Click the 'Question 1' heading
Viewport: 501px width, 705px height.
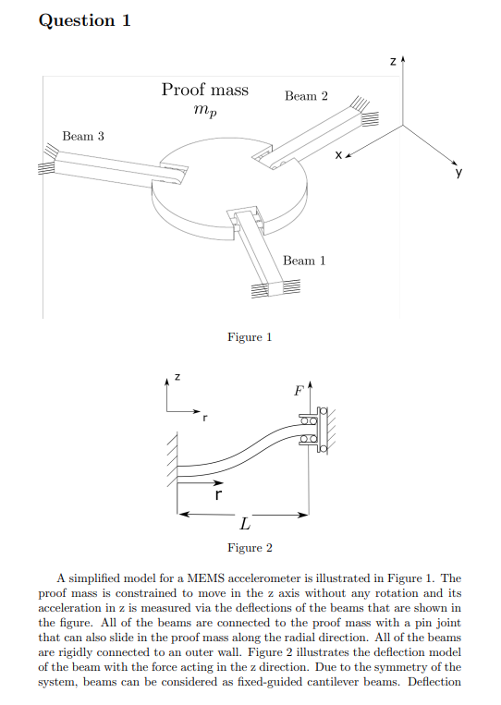[x=84, y=20]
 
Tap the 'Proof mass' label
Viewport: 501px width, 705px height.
[x=205, y=90]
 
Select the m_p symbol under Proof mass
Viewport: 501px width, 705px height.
[x=205, y=110]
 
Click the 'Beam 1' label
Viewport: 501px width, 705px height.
[x=304, y=261]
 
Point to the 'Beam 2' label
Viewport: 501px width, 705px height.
[x=306, y=96]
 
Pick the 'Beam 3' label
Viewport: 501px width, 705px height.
[x=83, y=136]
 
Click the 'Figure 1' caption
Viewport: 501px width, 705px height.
[x=250, y=337]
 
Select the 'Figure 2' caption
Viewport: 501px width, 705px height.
[x=250, y=548]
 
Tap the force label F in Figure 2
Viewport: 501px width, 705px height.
[x=299, y=391]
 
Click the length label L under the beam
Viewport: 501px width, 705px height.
[x=245, y=524]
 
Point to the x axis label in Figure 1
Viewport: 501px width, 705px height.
[x=338, y=155]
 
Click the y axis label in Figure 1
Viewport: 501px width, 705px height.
[x=458, y=172]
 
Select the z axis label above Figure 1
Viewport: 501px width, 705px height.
[x=393, y=62]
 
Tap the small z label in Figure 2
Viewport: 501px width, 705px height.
[x=177, y=377]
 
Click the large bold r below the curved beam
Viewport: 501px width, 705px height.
[x=217, y=495]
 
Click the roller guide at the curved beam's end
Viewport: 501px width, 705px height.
[x=312, y=430]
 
